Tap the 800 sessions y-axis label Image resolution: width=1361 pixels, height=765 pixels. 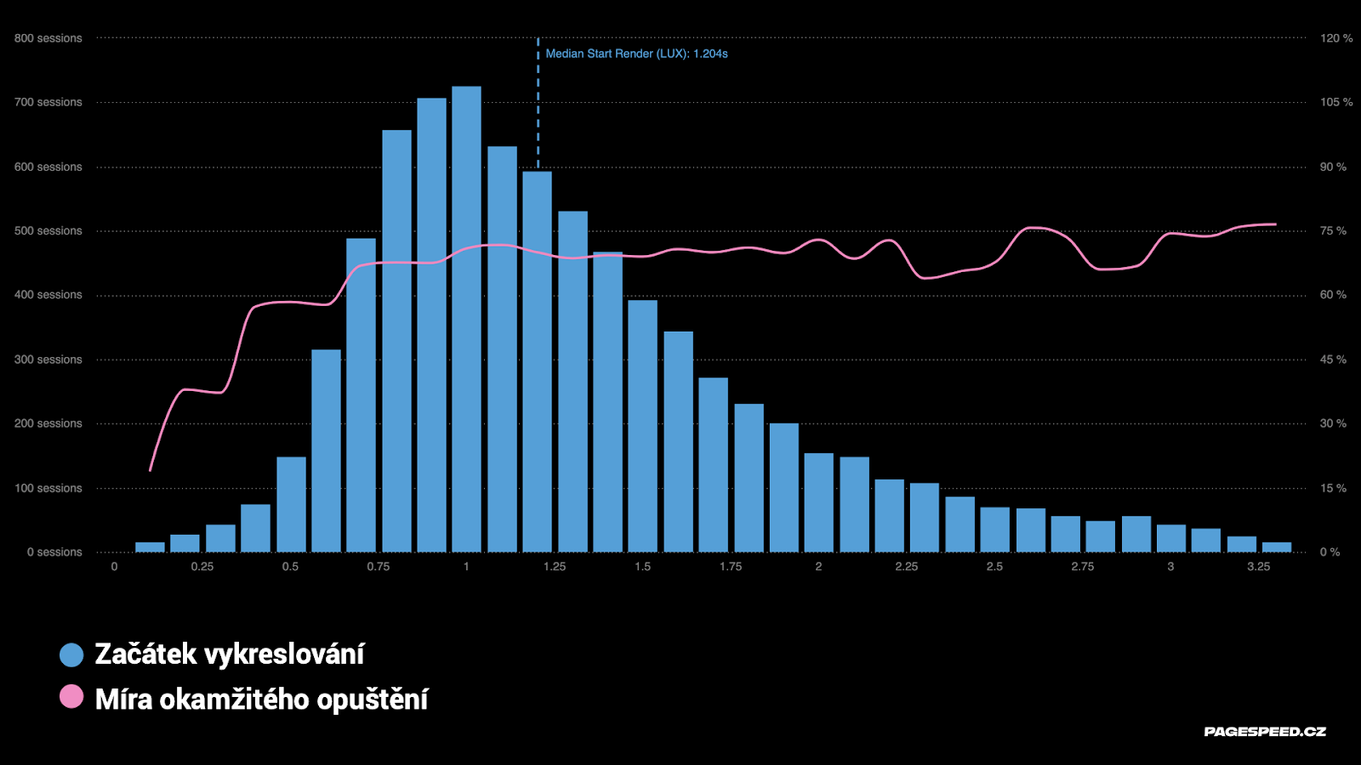click(x=48, y=38)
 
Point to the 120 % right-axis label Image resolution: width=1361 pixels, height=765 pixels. click(x=1335, y=38)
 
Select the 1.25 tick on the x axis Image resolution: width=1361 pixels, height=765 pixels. click(x=555, y=566)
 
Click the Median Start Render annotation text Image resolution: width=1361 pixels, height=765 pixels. click(x=636, y=54)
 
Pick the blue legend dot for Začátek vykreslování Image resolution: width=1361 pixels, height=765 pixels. click(x=71, y=654)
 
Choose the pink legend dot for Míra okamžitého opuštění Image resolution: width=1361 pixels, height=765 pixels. click(x=71, y=697)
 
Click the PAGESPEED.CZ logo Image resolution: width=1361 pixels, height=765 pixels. click(x=1265, y=731)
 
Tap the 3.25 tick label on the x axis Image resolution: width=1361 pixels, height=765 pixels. click(x=1258, y=566)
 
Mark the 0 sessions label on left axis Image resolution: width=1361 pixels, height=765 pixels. click(x=54, y=552)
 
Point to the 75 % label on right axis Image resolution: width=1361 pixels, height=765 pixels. click(x=1333, y=230)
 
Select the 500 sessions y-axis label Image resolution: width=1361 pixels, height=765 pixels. click(x=48, y=230)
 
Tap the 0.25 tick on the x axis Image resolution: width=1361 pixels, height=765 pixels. click(x=202, y=566)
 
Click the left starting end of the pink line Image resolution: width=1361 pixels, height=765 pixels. click(x=151, y=469)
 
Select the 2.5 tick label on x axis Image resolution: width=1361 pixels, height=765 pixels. click(x=994, y=566)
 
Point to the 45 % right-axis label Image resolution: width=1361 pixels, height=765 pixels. click(x=1333, y=360)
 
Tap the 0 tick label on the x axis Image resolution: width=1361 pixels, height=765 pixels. click(x=114, y=566)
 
